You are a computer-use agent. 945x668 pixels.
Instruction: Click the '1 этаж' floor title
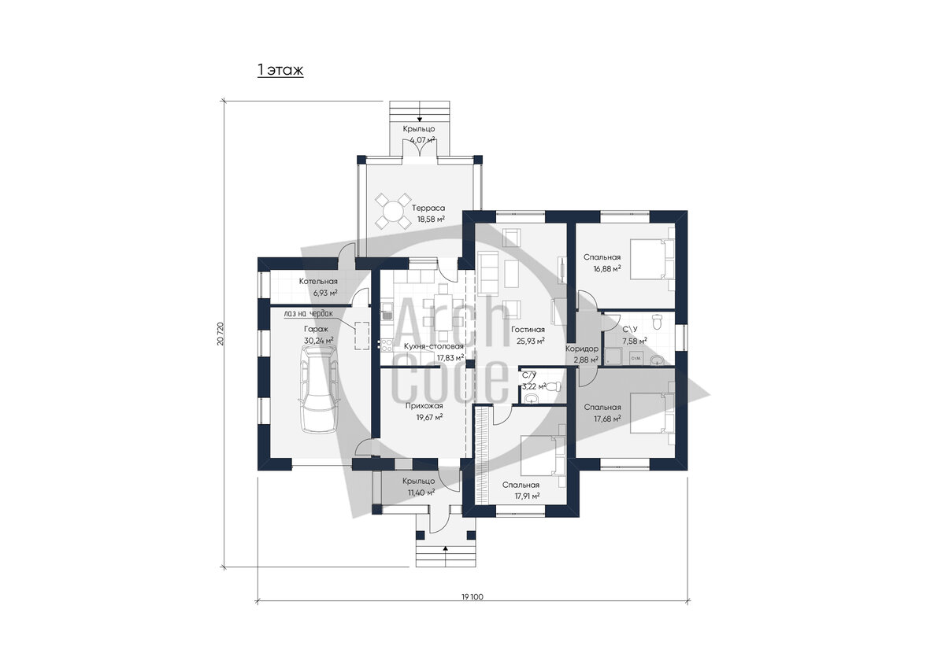tap(280, 70)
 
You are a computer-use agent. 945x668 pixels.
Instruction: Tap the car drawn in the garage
tap(317, 389)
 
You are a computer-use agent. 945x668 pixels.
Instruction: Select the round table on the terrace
tap(393, 211)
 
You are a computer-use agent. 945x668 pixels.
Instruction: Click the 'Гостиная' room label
tap(528, 330)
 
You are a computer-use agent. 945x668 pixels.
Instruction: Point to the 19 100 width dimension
tap(472, 596)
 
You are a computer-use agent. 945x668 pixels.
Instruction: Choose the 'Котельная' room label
tap(318, 281)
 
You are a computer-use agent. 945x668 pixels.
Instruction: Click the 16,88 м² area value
tap(607, 268)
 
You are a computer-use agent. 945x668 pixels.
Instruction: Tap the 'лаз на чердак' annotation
tap(309, 313)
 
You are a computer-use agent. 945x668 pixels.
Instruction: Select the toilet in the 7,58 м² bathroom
tap(657, 321)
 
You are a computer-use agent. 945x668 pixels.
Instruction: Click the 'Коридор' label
tap(582, 349)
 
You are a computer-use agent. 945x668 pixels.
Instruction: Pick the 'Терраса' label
tap(428, 209)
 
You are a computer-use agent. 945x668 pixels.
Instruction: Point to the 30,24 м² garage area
tap(318, 341)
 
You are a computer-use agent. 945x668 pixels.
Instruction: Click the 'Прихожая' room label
tap(424, 406)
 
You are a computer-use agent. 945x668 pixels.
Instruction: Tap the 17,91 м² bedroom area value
tap(527, 496)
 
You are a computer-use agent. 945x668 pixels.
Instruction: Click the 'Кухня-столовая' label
tap(434, 346)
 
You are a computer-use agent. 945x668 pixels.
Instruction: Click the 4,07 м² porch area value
tap(422, 139)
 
